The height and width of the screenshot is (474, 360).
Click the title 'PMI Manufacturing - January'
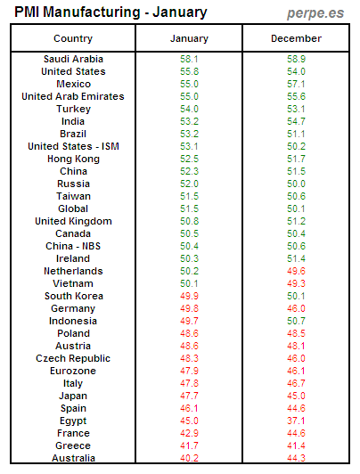click(110, 12)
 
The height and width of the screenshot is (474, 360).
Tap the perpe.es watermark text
click(316, 12)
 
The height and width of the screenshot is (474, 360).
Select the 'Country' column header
click(73, 39)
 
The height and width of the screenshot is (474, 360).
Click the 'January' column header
click(189, 39)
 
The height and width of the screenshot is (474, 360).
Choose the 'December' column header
click(296, 39)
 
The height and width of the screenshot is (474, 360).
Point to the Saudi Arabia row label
click(73, 59)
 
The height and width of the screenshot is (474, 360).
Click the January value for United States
click(189, 71)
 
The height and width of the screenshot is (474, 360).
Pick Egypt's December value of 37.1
click(296, 421)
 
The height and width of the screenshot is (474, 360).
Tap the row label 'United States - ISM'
click(73, 146)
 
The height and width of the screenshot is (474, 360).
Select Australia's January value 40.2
click(189, 458)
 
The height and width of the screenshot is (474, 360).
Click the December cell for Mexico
click(296, 84)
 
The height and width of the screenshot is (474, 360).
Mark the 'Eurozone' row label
click(73, 371)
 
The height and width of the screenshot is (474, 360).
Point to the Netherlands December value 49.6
click(296, 271)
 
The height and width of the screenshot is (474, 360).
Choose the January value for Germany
click(189, 308)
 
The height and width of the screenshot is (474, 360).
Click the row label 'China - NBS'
click(73, 246)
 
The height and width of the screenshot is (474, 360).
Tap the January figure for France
click(189, 433)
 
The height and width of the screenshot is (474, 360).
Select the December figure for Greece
click(296, 445)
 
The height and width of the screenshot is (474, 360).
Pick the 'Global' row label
click(73, 208)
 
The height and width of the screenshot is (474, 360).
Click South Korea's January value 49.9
click(189, 296)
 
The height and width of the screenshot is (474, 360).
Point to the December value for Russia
click(296, 184)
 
